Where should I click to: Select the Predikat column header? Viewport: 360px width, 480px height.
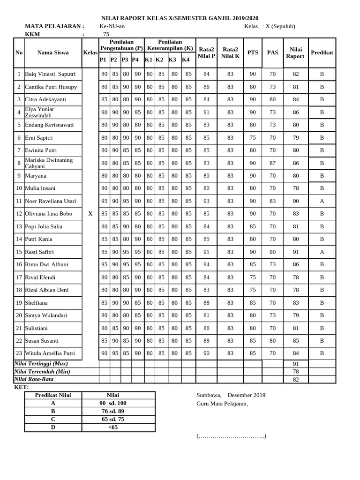click(x=322, y=53)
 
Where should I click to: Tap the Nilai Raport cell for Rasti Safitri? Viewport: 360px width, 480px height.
click(x=295, y=252)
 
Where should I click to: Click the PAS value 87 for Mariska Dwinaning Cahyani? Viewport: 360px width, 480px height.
click(x=272, y=163)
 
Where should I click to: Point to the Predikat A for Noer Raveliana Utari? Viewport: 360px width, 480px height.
click(x=322, y=201)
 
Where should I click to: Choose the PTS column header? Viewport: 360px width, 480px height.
click(x=253, y=53)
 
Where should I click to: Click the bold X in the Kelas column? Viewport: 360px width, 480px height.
click(x=90, y=214)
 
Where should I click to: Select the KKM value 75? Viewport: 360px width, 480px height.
click(x=106, y=34)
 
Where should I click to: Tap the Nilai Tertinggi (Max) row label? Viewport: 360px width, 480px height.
click(x=41, y=364)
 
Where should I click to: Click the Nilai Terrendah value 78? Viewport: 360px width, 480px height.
click(x=295, y=371)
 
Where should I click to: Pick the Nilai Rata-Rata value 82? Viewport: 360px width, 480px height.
click(x=295, y=379)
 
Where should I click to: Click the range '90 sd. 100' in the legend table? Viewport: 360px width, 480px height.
click(x=113, y=403)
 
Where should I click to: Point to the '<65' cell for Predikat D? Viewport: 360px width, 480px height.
click(x=113, y=427)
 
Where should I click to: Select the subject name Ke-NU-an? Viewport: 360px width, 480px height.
click(x=112, y=26)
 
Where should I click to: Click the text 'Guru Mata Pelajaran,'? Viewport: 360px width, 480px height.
click(x=222, y=404)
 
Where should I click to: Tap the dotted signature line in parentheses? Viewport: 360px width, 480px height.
click(x=232, y=436)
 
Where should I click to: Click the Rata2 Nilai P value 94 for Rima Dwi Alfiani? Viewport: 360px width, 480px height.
click(x=206, y=264)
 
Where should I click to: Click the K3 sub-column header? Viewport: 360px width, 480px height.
click(x=172, y=60)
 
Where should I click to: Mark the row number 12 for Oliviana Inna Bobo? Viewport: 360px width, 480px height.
click(x=19, y=214)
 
